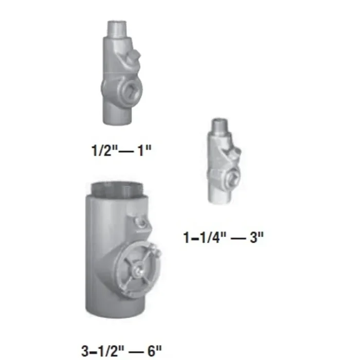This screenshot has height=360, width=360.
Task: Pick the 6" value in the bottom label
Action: [155, 337]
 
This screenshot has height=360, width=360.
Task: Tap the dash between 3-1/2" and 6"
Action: [134, 338]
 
